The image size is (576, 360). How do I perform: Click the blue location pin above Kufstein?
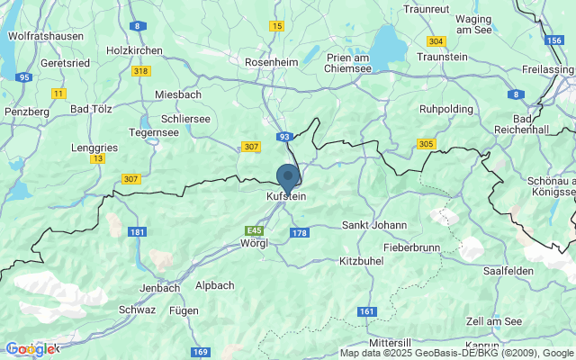click(288, 176)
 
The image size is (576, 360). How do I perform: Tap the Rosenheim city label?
click(272, 62)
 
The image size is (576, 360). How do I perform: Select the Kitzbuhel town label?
click(361, 260)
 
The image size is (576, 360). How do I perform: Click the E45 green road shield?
click(255, 230)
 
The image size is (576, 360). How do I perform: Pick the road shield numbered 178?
click(300, 233)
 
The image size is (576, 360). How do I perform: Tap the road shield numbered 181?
click(137, 232)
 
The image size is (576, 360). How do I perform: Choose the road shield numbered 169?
click(201, 351)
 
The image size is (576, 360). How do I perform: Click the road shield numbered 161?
click(366, 311)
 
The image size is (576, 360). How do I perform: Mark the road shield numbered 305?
click(427, 144)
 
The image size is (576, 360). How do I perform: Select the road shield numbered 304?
click(436, 41)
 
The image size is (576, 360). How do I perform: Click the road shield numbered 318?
click(140, 71)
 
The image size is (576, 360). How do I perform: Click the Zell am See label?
click(494, 321)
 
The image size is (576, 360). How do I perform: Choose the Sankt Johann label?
click(374, 225)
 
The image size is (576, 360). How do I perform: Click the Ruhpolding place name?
click(447, 109)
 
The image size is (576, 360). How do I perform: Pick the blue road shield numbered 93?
click(284, 136)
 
